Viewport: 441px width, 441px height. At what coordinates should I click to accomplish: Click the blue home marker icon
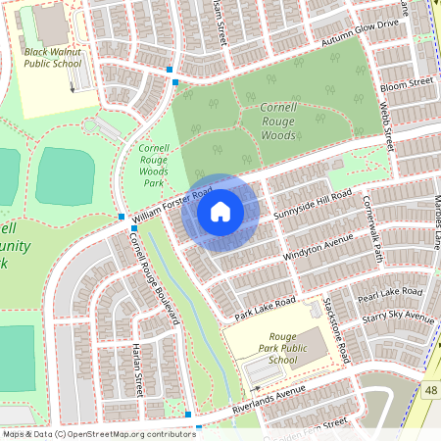(220, 211)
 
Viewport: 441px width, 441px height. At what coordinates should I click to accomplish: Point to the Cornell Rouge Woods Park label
(154, 162)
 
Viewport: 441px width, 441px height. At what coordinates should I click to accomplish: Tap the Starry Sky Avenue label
(398, 318)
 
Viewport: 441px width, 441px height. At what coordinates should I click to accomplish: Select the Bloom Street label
(406, 86)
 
